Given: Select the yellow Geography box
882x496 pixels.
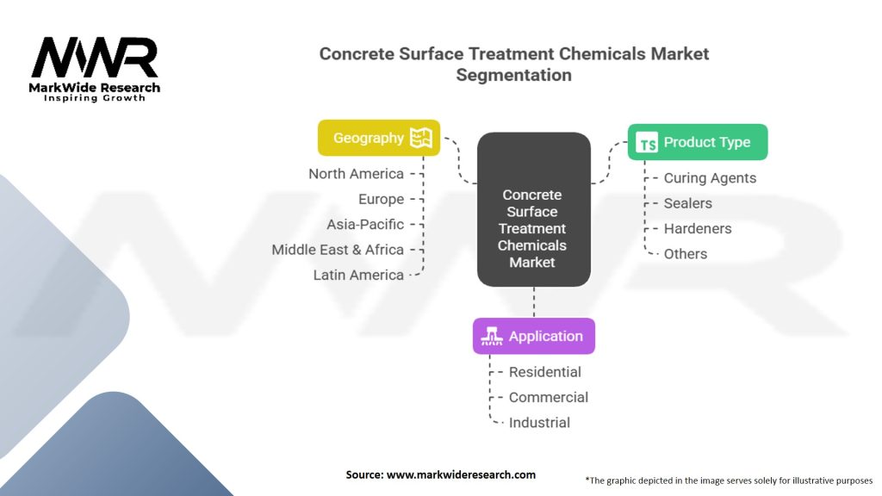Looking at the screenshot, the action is pyautogui.click(x=378, y=138).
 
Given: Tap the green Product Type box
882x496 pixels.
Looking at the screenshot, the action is pyautogui.click(x=697, y=142).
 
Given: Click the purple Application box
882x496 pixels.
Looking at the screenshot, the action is pyautogui.click(x=533, y=336).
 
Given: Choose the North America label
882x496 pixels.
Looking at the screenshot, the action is pyautogui.click(x=356, y=174).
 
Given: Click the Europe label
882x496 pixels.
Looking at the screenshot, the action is pyautogui.click(x=381, y=199).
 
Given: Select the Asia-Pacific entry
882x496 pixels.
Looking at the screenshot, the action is pyautogui.click(x=365, y=224).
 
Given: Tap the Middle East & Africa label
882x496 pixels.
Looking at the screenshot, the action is pyautogui.click(x=338, y=250).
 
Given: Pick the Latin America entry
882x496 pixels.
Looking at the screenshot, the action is pyautogui.click(x=358, y=275).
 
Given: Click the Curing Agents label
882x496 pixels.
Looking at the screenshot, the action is pyautogui.click(x=710, y=178).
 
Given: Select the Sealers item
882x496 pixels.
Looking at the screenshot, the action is pyautogui.click(x=687, y=203).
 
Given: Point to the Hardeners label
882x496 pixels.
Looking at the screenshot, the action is pyautogui.click(x=698, y=228).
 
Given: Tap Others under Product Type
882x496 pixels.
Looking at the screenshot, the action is pyautogui.click(x=686, y=254).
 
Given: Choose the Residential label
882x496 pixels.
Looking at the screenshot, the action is pyautogui.click(x=544, y=372).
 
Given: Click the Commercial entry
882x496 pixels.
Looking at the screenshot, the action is pyautogui.click(x=549, y=397).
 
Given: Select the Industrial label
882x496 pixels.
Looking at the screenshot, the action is pyautogui.click(x=539, y=423).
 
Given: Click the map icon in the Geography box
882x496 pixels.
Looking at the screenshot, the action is pyautogui.click(x=420, y=138).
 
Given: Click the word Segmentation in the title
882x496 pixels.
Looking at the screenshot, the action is pyautogui.click(x=513, y=75).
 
